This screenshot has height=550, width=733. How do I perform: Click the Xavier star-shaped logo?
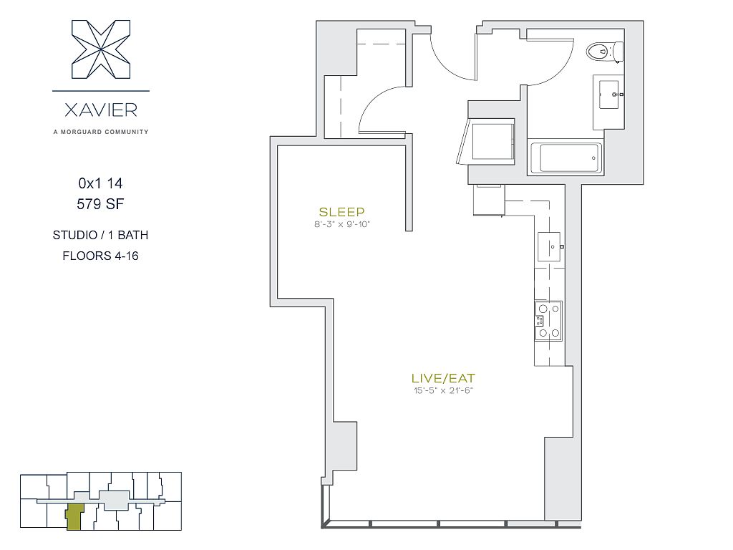click(x=101, y=49)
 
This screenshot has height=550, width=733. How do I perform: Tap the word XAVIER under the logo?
click(x=101, y=110)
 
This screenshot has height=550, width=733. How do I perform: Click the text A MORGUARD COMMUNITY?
click(x=101, y=132)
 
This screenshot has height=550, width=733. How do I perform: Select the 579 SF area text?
click(x=100, y=204)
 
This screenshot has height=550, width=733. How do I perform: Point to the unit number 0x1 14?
click(x=100, y=183)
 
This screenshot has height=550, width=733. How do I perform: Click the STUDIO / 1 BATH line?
click(x=100, y=235)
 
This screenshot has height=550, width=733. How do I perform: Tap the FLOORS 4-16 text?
click(x=100, y=256)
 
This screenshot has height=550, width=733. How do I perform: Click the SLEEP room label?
click(x=341, y=212)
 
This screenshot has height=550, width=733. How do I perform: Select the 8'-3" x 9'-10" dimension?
click(x=341, y=224)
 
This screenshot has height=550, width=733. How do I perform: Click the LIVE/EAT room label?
click(x=443, y=378)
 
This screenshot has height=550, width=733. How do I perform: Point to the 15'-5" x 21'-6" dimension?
click(x=443, y=390)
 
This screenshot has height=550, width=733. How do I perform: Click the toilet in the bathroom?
click(x=605, y=52)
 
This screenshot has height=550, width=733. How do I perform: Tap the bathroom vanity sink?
click(x=609, y=95)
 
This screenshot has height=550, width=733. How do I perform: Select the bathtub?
click(x=566, y=158)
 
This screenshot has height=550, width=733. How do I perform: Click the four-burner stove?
click(x=549, y=321)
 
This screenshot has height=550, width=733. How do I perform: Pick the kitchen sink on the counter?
click(x=549, y=246)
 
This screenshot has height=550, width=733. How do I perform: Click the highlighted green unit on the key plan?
click(x=74, y=517)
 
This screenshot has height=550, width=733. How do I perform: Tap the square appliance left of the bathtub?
click(x=492, y=141)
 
